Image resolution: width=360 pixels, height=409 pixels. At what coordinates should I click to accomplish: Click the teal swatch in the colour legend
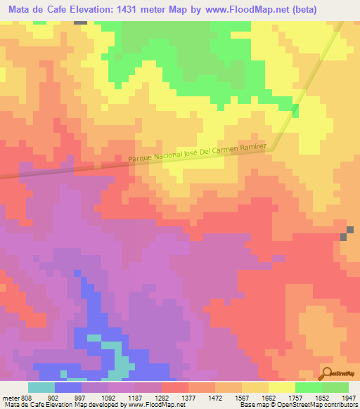click(x=41, y=387)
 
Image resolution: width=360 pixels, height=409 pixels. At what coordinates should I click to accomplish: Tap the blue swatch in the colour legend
click(x=67, y=387)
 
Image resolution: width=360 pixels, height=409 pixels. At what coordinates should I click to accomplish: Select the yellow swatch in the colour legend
click(x=281, y=387)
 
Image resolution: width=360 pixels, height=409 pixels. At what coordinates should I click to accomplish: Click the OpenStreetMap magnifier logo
click(x=326, y=375)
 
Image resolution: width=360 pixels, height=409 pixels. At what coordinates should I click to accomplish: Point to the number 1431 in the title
click(x=141, y=10)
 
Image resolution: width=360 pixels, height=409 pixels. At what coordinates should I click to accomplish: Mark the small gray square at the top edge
click(x=81, y=22)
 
